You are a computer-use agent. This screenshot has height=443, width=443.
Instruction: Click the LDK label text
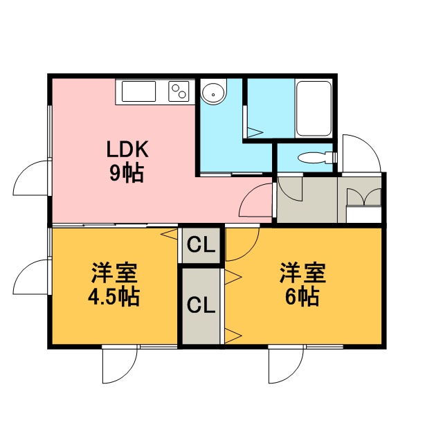click(127, 150)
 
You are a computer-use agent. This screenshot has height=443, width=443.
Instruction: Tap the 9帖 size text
click(127, 172)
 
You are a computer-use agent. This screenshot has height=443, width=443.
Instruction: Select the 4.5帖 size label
click(114, 297)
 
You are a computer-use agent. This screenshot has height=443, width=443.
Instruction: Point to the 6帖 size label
click(302, 297)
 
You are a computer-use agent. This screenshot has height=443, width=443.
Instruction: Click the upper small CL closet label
click(201, 245)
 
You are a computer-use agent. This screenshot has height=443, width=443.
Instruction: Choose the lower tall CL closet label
click(201, 305)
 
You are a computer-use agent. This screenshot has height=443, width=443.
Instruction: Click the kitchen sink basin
click(138, 91)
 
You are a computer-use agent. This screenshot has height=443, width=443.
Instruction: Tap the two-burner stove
click(179, 91)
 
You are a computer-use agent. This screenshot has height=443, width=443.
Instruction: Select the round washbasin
click(213, 94)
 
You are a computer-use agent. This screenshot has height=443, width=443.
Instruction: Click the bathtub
click(314, 109)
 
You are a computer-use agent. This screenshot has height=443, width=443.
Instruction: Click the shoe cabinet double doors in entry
click(363, 197)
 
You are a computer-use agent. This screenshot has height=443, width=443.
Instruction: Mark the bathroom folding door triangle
click(255, 132)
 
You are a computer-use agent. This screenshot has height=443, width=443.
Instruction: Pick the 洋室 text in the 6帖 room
click(302, 273)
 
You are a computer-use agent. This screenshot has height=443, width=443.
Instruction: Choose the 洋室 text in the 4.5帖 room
click(114, 273)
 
